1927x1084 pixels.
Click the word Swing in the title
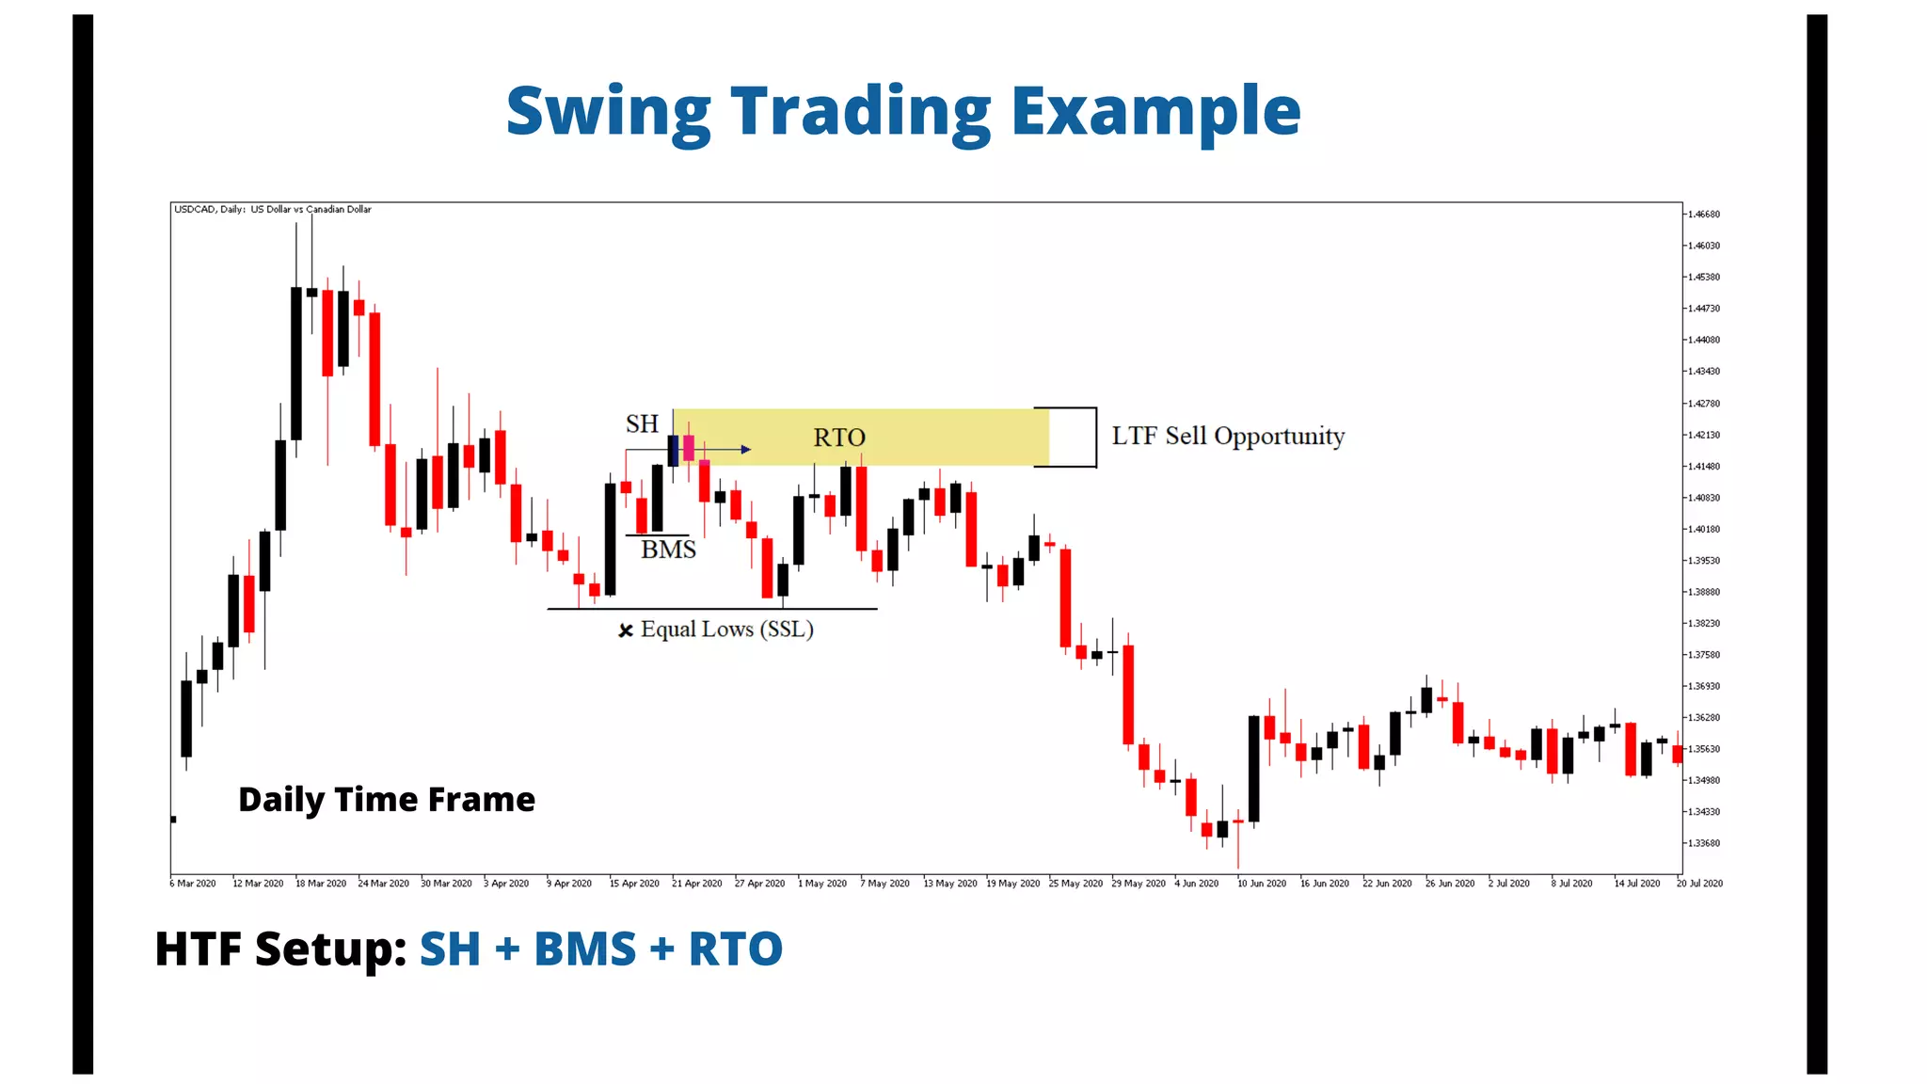coord(608,112)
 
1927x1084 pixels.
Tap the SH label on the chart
coord(642,424)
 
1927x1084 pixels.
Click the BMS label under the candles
coord(668,550)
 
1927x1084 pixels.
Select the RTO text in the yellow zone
coord(838,438)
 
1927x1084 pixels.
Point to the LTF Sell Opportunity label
coord(1227,436)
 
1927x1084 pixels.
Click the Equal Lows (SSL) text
coord(726,630)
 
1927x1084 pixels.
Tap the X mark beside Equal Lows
coord(625,630)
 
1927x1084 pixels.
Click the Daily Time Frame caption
coord(386,799)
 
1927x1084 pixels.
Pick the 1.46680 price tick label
coord(1703,215)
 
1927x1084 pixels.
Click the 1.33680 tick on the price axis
coord(1703,843)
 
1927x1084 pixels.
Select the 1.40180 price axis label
coord(1703,529)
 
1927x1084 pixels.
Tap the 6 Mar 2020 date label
coord(193,884)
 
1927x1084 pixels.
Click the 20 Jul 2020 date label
coord(1699,884)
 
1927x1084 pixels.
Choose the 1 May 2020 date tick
coord(821,884)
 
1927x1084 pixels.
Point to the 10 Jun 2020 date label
coord(1261,884)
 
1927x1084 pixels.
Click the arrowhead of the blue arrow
coord(746,450)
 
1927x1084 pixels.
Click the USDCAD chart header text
coord(272,209)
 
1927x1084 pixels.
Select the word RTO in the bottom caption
coord(735,948)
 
